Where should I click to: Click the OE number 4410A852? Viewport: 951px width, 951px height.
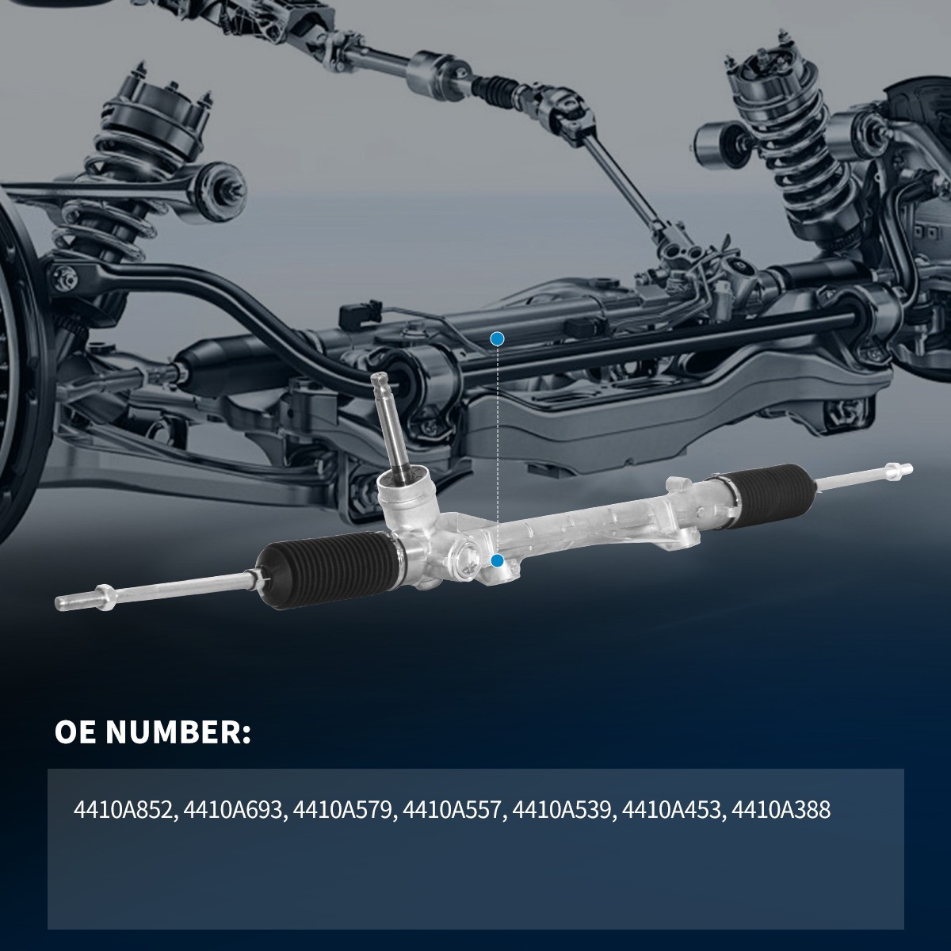pos(124,811)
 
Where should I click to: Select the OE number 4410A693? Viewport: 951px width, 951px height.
pos(233,811)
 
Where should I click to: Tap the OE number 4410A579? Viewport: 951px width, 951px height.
pos(342,811)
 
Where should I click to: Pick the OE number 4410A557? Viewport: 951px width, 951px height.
pos(453,811)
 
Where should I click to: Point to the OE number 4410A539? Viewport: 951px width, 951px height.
pos(562,811)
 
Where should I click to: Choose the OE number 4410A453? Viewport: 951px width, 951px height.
pos(671,811)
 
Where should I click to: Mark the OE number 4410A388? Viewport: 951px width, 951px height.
pos(781,811)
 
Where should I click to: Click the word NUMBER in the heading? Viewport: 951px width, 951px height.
pos(178,732)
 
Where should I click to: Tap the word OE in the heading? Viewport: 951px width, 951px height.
pos(76,732)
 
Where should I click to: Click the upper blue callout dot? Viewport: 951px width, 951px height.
pos(497,339)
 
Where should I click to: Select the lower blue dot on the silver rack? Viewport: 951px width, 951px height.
pos(497,561)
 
